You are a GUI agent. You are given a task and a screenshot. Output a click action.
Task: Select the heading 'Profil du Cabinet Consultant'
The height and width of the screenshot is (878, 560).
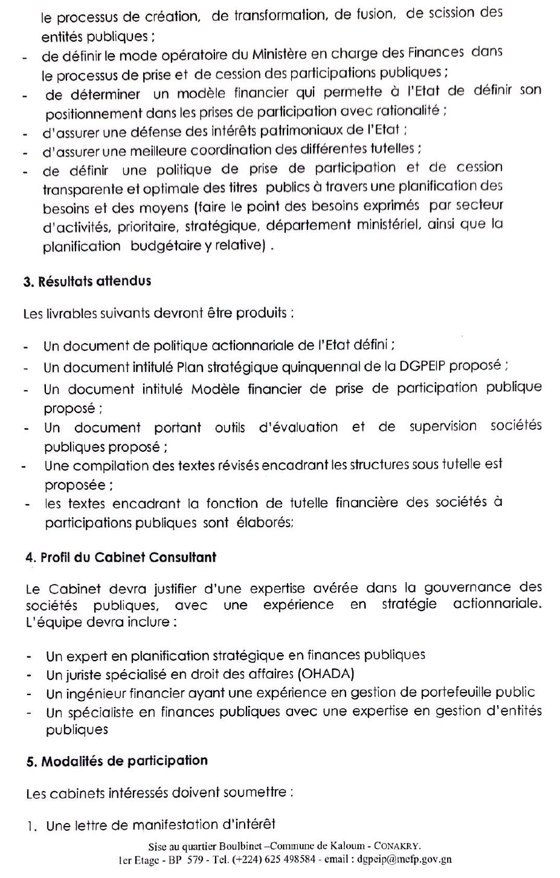click(x=128, y=557)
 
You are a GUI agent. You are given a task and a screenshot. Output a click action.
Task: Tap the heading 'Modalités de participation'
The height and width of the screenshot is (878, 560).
click(x=124, y=761)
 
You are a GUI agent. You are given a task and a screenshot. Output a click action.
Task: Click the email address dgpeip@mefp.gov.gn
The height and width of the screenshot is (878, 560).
click(x=404, y=859)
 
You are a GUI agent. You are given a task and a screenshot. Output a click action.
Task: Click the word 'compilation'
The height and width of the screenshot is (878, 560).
click(x=106, y=466)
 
